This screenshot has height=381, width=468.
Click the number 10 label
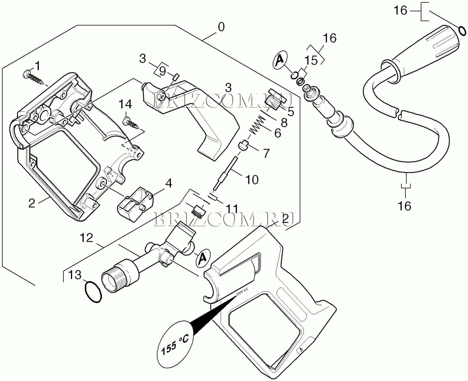(252, 179)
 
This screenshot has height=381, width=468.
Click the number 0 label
(221, 27)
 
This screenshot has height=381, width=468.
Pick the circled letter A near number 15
(280, 60)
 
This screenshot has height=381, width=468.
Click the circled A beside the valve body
(203, 257)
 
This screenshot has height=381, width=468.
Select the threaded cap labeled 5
(274, 100)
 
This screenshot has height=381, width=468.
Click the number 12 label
(86, 238)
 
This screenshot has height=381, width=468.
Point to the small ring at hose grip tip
(462, 30)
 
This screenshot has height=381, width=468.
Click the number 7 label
(266, 153)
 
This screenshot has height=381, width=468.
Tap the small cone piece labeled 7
(244, 144)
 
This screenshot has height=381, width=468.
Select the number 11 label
(232, 209)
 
